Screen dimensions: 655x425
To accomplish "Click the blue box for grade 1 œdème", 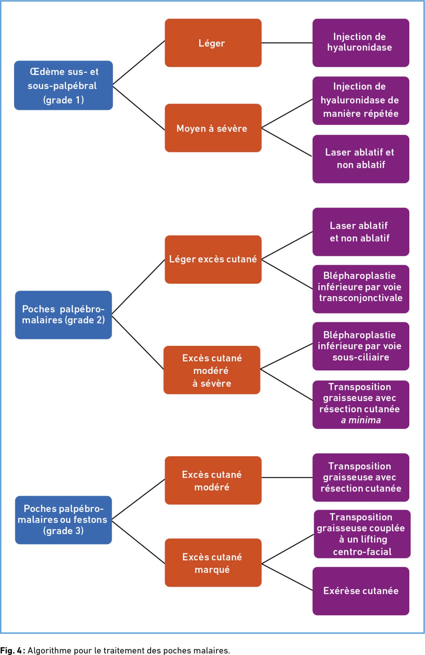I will tap(63, 85).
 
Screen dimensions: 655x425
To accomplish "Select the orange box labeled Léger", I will tap(213, 43).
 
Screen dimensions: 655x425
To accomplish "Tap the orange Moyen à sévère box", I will tap(213, 128).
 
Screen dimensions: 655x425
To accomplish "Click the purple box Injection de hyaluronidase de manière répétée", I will tap(361, 100).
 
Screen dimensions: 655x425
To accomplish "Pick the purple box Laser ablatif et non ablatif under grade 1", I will tap(361, 159).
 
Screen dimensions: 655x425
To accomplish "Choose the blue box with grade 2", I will tap(63, 315).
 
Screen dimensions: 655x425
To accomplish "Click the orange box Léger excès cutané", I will tap(213, 259).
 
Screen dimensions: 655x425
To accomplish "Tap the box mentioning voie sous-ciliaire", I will tap(361, 346).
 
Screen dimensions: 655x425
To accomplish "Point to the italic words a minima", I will tap(361, 420).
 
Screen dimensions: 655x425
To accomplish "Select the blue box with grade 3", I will tap(63, 520).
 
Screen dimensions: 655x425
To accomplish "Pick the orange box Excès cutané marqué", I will tap(213, 563).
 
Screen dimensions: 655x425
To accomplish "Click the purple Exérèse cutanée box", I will tap(361, 591).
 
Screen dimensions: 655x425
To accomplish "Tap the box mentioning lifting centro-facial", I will tap(362, 534).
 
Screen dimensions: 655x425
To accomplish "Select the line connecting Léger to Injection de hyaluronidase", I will tap(287, 43).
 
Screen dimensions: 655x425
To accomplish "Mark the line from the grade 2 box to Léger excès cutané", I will tap(138, 287).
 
